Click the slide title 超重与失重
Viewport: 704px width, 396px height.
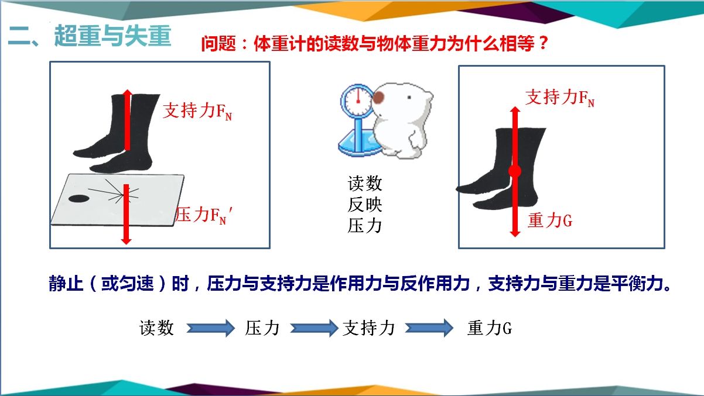[113, 36]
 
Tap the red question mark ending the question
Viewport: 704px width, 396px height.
[543, 43]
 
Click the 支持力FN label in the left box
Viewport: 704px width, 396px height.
[197, 111]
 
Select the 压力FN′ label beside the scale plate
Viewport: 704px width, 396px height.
[204, 215]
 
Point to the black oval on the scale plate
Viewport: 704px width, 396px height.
[78, 199]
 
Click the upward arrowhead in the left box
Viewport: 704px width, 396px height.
[127, 93]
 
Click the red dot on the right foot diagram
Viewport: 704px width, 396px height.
[515, 171]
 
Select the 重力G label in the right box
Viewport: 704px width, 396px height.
[550, 220]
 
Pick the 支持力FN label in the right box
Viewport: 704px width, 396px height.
[560, 98]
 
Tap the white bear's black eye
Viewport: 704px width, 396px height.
[409, 98]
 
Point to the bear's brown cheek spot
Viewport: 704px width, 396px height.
[378, 98]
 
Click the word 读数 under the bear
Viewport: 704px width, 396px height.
[365, 183]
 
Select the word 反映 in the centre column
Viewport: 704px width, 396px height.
[365, 205]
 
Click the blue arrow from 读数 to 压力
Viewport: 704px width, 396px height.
[211, 328]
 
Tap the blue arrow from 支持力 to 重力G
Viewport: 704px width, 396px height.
[429, 328]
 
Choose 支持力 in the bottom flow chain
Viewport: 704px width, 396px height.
[368, 328]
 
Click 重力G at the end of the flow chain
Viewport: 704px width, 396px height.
[490, 328]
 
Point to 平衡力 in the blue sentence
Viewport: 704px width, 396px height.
[636, 283]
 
